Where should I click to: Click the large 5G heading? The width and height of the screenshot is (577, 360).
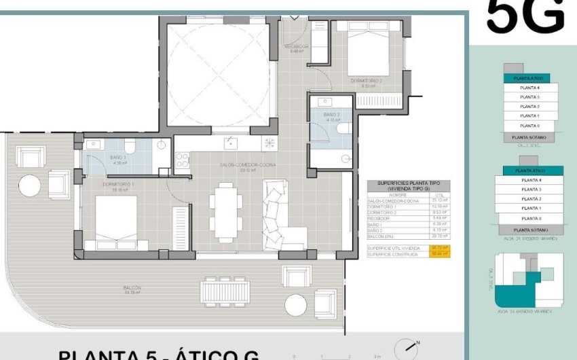coord(525,17)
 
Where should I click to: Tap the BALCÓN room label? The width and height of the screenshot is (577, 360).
coord(133,288)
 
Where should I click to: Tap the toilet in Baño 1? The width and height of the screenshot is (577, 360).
coord(130,145)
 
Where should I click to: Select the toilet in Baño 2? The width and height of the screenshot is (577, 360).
coord(343,128)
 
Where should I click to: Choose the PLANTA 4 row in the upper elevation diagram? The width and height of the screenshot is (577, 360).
coord(529,88)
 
